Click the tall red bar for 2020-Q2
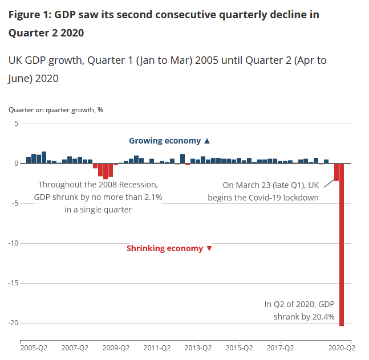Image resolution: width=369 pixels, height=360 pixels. (342, 245)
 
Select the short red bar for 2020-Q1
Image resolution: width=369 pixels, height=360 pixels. (336, 172)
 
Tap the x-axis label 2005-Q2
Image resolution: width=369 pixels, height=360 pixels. (35, 347)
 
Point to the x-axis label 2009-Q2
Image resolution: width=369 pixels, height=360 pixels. (116, 347)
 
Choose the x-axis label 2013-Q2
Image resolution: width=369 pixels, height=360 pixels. (198, 347)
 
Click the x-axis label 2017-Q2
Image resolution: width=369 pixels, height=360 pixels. (280, 347)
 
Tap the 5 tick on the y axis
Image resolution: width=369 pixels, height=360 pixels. (17, 124)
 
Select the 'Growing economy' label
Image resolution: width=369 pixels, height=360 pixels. (165, 141)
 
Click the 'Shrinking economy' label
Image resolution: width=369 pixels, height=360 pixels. (164, 248)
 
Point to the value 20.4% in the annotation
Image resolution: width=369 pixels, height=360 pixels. (323, 317)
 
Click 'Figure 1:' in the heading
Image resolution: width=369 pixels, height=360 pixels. (30, 15)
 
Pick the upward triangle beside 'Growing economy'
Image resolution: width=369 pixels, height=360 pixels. (207, 141)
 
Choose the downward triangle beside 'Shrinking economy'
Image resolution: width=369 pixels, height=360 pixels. (209, 248)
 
